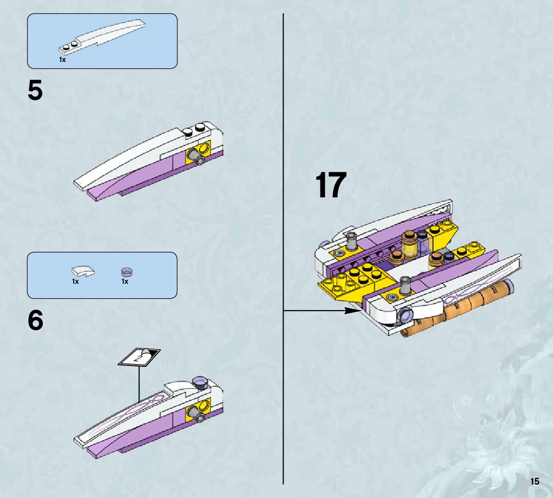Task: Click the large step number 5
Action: click(x=35, y=90)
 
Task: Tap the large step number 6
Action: click(x=35, y=320)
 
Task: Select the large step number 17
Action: click(x=331, y=185)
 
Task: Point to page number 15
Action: click(x=535, y=482)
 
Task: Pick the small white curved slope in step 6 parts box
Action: click(x=83, y=271)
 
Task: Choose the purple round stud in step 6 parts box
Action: click(x=127, y=272)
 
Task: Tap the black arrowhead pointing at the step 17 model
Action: click(x=351, y=311)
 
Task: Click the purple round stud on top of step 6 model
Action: click(x=200, y=382)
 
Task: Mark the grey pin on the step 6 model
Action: click(x=196, y=413)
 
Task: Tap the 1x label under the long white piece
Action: click(x=62, y=60)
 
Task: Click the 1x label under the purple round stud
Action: click(x=125, y=281)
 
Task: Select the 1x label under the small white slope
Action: click(x=75, y=281)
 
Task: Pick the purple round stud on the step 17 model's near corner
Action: click(x=405, y=315)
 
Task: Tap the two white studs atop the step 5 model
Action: click(x=194, y=129)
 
